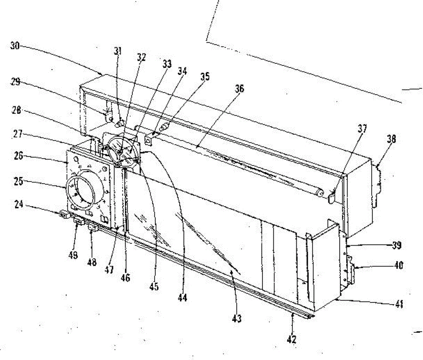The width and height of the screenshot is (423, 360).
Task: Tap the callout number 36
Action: [239, 89]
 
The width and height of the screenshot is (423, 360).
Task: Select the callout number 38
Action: [391, 139]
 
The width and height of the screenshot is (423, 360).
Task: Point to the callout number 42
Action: [292, 339]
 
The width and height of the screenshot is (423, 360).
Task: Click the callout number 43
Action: [237, 318]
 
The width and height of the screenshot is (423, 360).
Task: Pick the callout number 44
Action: [182, 298]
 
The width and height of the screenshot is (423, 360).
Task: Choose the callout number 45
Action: [154, 286]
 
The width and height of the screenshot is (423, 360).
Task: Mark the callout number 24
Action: [19, 204]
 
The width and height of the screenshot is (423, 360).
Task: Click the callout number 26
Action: [18, 155]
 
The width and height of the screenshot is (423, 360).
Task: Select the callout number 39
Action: [397, 246]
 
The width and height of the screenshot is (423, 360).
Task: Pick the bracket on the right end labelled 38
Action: [377, 183]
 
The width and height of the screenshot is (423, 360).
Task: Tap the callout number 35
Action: [204, 77]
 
